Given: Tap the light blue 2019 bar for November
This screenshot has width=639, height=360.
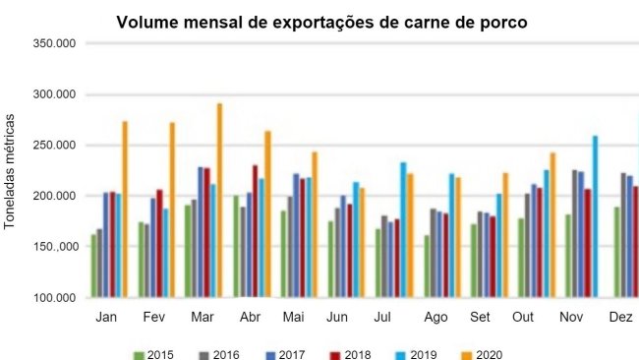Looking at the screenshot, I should (596, 216).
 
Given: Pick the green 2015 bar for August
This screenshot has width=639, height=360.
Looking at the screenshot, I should (427, 266).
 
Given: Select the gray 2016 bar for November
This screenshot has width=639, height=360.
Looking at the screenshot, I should (575, 233).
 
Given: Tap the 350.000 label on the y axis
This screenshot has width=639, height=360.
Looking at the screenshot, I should (54, 44).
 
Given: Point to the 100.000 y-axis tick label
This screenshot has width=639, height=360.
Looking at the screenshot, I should (54, 298).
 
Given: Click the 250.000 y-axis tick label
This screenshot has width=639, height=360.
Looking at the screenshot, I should (54, 146).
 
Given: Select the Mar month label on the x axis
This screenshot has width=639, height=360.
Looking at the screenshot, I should (203, 319).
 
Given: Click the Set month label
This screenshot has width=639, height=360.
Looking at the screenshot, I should (481, 319).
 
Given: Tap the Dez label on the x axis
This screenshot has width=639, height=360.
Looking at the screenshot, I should (621, 319).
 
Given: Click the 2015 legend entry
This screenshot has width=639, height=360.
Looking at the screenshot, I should (154, 353).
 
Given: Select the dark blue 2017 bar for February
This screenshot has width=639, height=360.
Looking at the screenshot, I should (153, 247).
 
